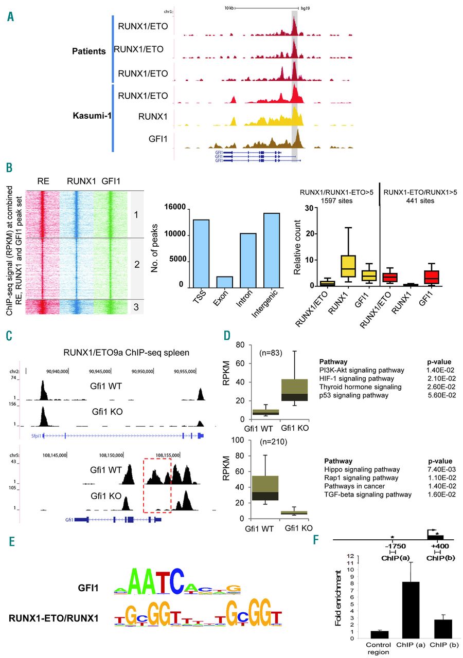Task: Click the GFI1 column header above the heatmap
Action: pyautogui.click(x=111, y=181)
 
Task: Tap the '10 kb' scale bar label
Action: pyautogui.click(x=229, y=8)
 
